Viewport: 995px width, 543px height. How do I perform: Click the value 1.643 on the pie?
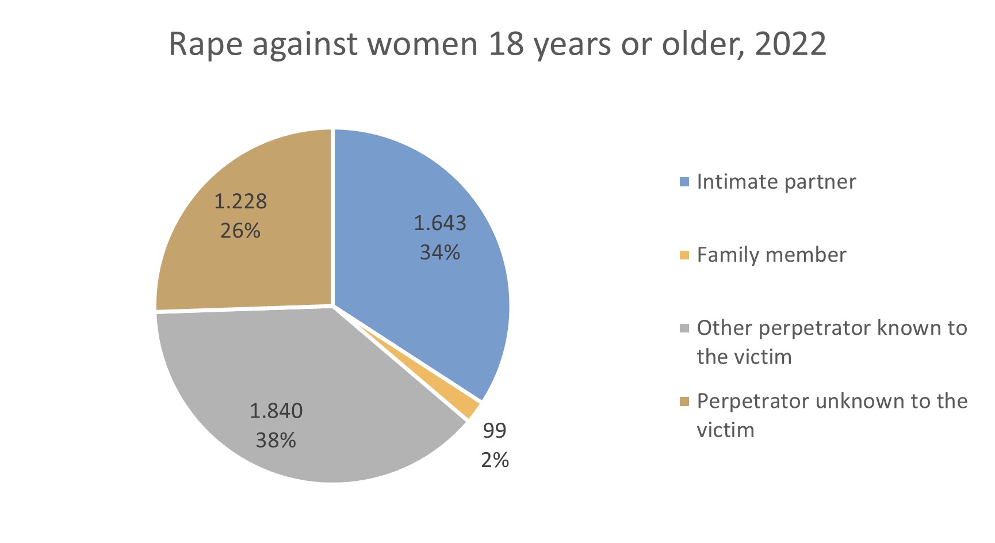tap(440, 223)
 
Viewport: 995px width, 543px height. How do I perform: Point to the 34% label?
tap(440, 253)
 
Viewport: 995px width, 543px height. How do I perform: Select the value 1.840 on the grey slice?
tap(276, 411)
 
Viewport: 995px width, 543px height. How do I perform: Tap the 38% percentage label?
tap(276, 441)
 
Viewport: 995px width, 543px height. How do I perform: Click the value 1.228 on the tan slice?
tap(240, 201)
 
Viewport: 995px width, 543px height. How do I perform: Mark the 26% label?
tap(240, 231)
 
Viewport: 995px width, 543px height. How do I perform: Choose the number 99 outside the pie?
tap(495, 430)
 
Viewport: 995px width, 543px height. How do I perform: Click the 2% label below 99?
tap(495, 460)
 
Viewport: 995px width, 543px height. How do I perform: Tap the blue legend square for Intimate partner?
tap(684, 182)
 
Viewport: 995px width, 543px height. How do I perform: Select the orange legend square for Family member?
tap(684, 255)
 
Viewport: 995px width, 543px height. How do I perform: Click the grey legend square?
tap(684, 328)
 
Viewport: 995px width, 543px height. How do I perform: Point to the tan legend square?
tap(684, 401)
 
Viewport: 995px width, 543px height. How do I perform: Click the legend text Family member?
tap(771, 255)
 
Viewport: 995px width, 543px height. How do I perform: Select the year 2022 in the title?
tap(790, 44)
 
